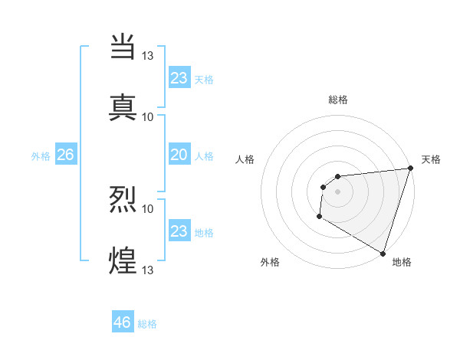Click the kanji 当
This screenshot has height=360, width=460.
tap(123, 45)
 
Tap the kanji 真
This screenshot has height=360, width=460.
tap(123, 106)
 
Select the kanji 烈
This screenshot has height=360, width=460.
tap(123, 198)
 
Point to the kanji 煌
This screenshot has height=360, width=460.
tap(123, 260)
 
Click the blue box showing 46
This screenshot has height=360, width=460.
tap(123, 322)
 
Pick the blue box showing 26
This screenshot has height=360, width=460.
tap(65, 155)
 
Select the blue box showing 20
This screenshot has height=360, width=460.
tap(179, 155)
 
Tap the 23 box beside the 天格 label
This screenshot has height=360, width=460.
tap(179, 77)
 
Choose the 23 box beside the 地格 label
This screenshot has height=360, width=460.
tap(179, 231)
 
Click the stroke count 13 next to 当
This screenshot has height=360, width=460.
tap(149, 55)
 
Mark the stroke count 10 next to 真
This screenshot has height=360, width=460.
tap(148, 116)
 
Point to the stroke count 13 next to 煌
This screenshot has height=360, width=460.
tap(149, 270)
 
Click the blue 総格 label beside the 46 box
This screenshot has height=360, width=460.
tap(147, 324)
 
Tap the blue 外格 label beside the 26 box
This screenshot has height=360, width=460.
tap(41, 155)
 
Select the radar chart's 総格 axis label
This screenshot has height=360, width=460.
tap(337, 100)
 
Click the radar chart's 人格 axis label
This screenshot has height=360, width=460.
tap(245, 159)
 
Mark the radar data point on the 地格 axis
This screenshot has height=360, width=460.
tap(382, 253)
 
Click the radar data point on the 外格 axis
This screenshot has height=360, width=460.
tap(319, 217)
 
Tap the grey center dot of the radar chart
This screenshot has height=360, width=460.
tap(337, 191)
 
